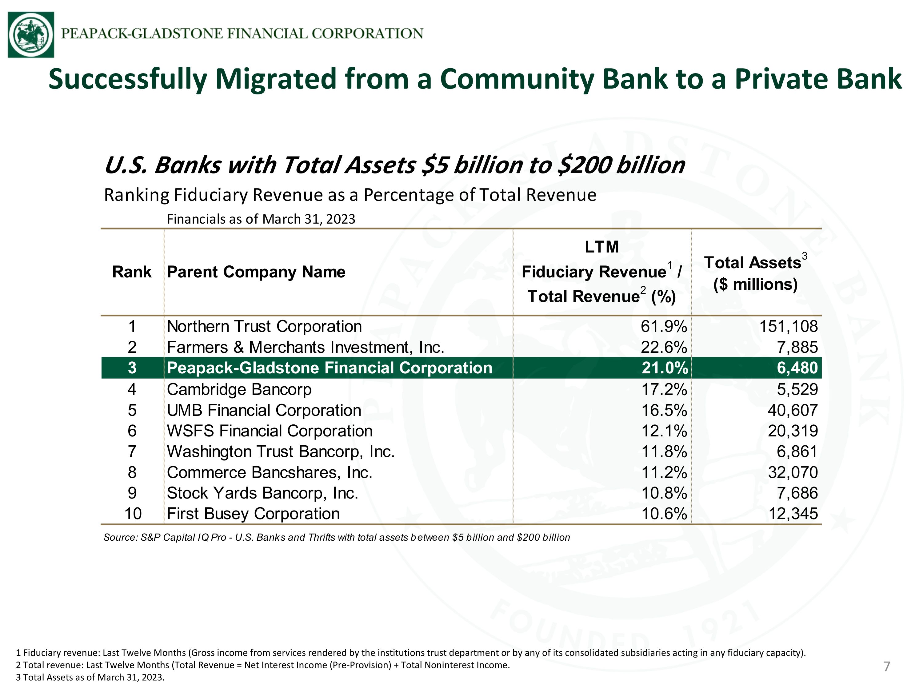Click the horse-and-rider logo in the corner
pos(31,35)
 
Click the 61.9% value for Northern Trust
pos(664,326)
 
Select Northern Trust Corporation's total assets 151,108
pos(788,326)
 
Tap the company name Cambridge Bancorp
pos(239,389)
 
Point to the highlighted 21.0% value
pos(665,368)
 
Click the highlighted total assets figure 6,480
pos(797,368)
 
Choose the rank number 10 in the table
pos(133,514)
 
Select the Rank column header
pos(132,272)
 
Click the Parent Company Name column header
pos(256,272)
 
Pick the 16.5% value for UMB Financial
pos(664,410)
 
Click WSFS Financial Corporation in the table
pos(270,431)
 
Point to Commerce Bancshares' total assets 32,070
pos(793,472)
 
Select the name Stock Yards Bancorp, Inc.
pos(262,493)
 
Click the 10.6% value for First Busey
pos(664,514)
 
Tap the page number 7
pos(887,666)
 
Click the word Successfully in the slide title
pos(128,79)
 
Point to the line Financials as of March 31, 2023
pos(261,219)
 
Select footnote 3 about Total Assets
pos(90,677)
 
